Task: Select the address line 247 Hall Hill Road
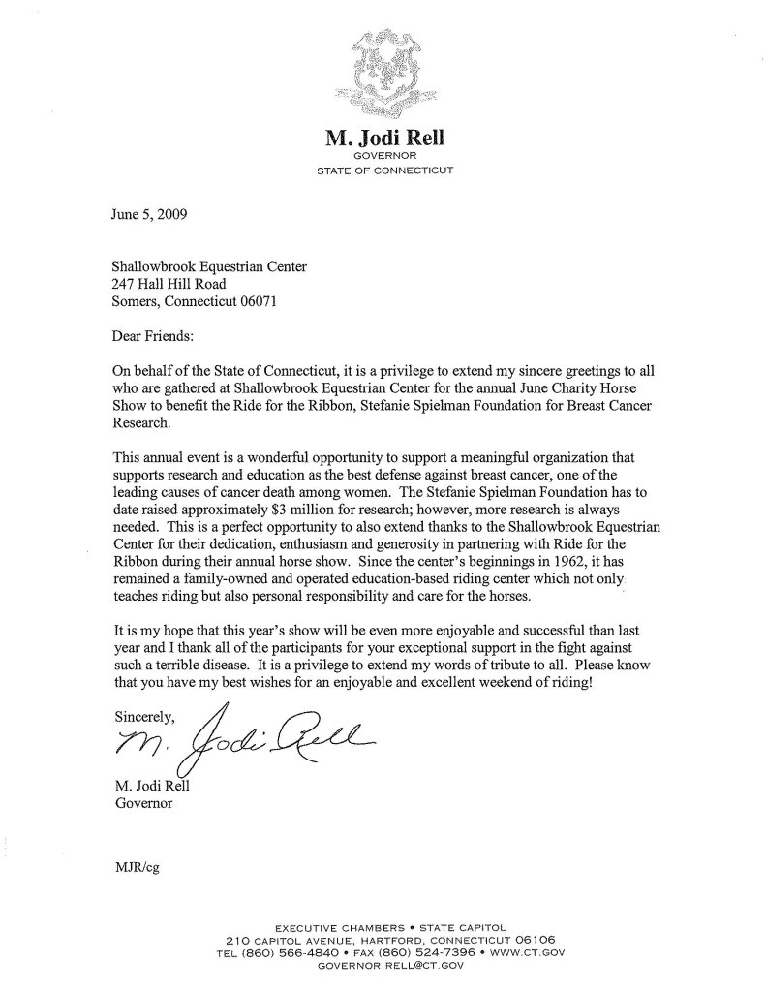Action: [x=169, y=284]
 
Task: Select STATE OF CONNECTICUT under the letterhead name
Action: [x=383, y=170]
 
